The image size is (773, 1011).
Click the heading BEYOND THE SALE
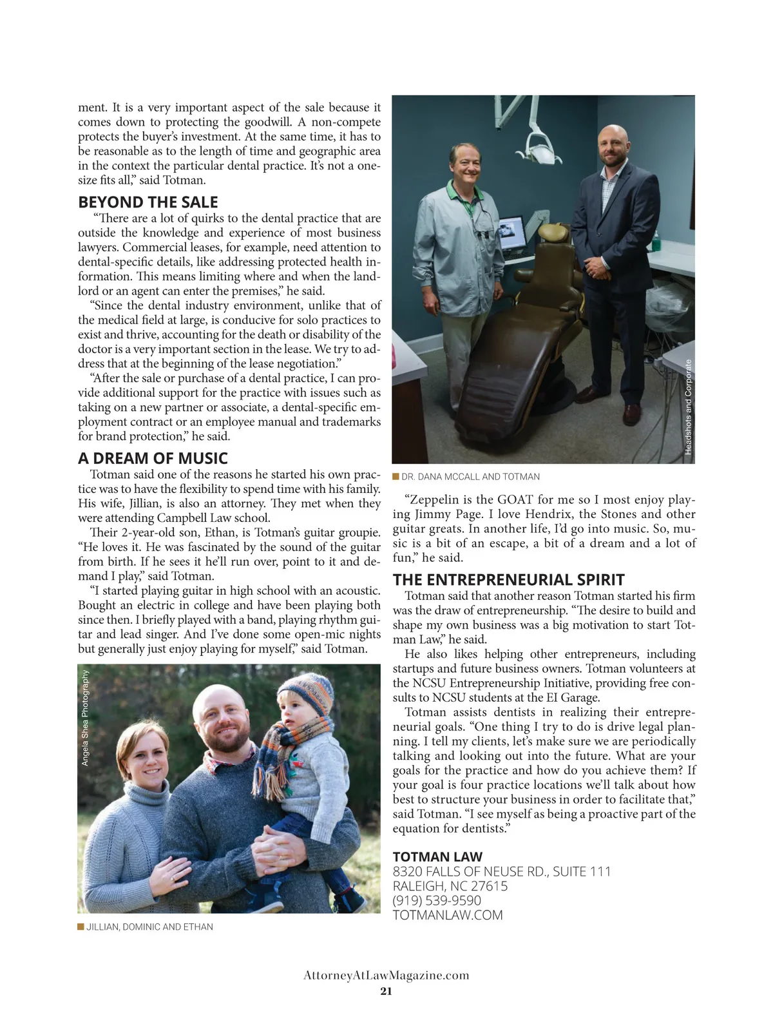(x=148, y=202)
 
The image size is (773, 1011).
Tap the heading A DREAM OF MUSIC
(x=153, y=458)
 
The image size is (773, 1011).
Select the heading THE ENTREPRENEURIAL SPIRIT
(x=509, y=579)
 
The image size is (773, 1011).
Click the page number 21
(x=386, y=991)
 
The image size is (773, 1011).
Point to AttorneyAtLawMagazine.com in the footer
(x=386, y=976)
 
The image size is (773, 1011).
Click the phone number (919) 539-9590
(x=437, y=900)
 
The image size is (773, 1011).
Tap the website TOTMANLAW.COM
(x=448, y=915)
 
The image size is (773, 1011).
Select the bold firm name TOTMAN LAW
(x=437, y=856)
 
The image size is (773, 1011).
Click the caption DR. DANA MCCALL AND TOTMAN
(x=470, y=477)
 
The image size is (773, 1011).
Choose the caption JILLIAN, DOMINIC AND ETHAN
(x=149, y=927)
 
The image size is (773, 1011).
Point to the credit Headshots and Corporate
(x=688, y=407)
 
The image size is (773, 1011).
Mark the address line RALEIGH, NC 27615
(x=450, y=886)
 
